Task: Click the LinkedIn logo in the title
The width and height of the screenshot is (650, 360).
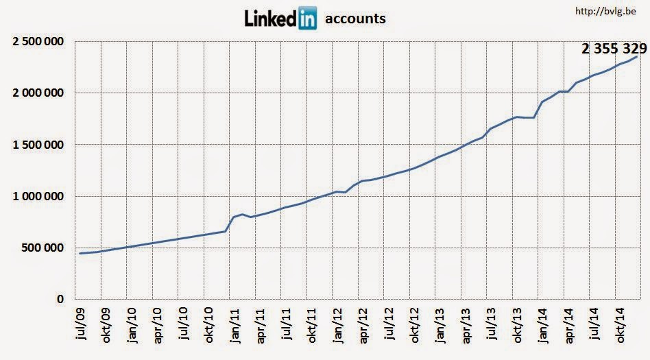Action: tap(280, 19)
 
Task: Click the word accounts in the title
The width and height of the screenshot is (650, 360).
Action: tap(355, 19)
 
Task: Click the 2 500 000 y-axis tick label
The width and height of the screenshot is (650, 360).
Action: tap(38, 42)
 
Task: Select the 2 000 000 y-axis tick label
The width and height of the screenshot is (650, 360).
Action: tap(38, 93)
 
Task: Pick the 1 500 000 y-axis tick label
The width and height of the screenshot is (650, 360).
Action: tap(38, 145)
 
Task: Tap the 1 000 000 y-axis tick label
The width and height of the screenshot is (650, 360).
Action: tap(38, 197)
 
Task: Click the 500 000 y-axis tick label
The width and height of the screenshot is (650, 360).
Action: tap(44, 248)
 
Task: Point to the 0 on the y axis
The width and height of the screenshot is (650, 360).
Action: tap(60, 300)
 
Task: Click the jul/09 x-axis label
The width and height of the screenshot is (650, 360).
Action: tap(81, 326)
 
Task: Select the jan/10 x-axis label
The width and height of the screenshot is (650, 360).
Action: tap(132, 326)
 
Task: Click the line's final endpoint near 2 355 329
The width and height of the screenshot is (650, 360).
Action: tap(637, 57)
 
